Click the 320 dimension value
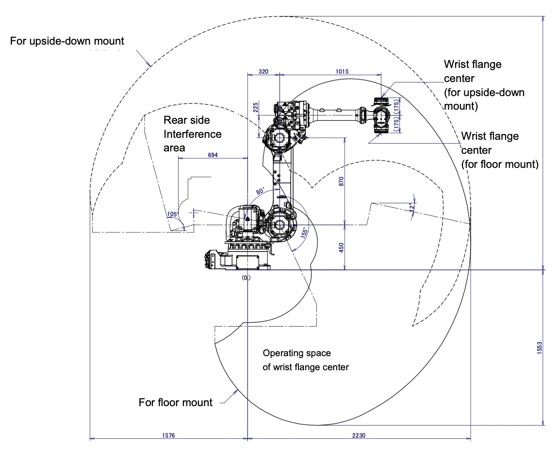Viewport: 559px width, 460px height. click(263, 71)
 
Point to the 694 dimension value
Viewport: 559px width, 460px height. click(213, 155)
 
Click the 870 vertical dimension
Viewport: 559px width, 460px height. click(341, 181)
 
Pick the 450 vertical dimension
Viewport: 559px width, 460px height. click(341, 247)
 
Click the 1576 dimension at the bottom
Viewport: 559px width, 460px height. click(168, 436)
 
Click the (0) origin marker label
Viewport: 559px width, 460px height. click(247, 278)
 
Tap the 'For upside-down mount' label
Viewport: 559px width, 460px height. click(67, 41)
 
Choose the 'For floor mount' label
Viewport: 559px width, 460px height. click(176, 402)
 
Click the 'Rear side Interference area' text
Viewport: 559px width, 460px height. click(192, 133)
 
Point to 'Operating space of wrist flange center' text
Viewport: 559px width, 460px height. click(305, 360)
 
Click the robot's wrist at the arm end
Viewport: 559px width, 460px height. click(380, 117)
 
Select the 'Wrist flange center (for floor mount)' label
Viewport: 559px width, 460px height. click(499, 150)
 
